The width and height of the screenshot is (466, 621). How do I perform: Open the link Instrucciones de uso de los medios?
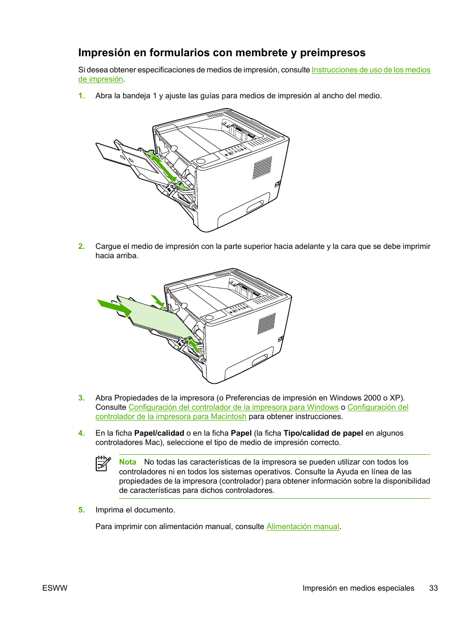(371, 70)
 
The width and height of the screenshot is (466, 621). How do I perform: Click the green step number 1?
(82, 96)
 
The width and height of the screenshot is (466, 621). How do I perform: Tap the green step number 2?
(82, 246)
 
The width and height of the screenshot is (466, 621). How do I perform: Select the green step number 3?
(82, 398)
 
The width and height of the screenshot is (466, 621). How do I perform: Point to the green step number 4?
(82, 433)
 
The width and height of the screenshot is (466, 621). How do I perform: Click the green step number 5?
(82, 510)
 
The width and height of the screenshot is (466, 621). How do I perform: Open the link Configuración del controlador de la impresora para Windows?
(233, 407)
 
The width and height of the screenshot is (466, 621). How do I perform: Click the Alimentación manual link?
(302, 527)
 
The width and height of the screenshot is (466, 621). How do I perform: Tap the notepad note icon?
(103, 464)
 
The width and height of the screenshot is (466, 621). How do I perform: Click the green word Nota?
(127, 462)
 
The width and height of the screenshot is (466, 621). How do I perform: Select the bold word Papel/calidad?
(159, 433)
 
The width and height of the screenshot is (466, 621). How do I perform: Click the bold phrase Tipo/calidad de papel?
(323, 433)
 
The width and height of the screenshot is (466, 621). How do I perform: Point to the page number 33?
(433, 588)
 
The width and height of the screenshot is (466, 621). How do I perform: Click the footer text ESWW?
(55, 588)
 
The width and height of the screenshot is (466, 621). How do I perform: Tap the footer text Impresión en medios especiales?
(358, 588)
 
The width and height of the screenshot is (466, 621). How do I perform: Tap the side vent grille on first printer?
(262, 168)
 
